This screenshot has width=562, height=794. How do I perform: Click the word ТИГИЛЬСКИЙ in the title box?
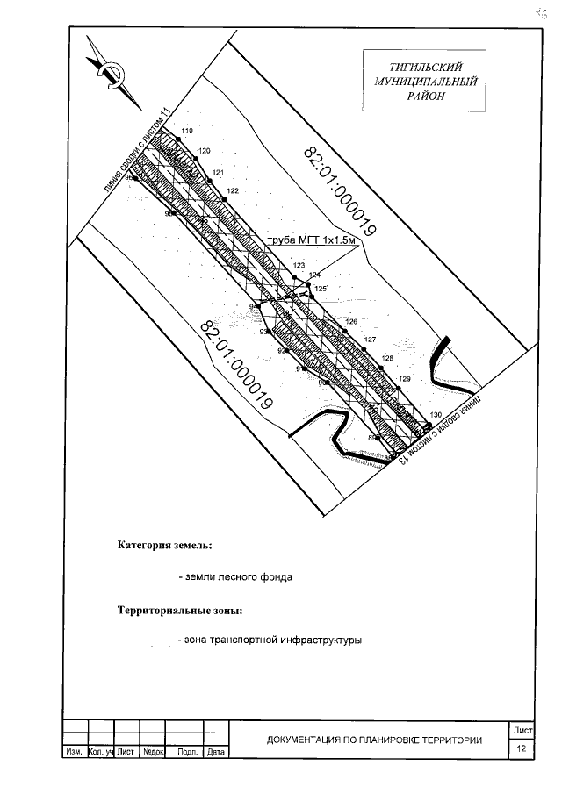click(x=425, y=67)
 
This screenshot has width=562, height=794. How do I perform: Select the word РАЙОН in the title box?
click(x=425, y=96)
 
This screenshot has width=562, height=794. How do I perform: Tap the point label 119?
click(x=186, y=131)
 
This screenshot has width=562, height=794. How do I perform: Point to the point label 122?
click(x=233, y=190)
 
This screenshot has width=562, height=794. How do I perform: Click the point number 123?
click(x=299, y=265)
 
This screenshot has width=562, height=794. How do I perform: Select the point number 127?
click(x=370, y=340)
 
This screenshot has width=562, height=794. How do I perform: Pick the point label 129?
click(x=404, y=378)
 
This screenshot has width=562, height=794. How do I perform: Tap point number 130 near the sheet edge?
click(x=436, y=414)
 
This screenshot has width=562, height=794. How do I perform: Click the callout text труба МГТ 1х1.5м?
click(x=313, y=240)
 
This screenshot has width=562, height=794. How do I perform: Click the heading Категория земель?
click(x=165, y=545)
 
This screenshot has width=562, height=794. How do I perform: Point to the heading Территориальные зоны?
click(x=180, y=610)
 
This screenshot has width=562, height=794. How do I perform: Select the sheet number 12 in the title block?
click(x=522, y=749)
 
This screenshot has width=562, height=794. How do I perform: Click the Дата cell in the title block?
click(x=216, y=753)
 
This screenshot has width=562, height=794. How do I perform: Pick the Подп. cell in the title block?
click(x=185, y=753)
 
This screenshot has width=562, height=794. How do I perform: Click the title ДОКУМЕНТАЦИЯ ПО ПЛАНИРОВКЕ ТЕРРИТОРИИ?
click(x=375, y=740)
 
